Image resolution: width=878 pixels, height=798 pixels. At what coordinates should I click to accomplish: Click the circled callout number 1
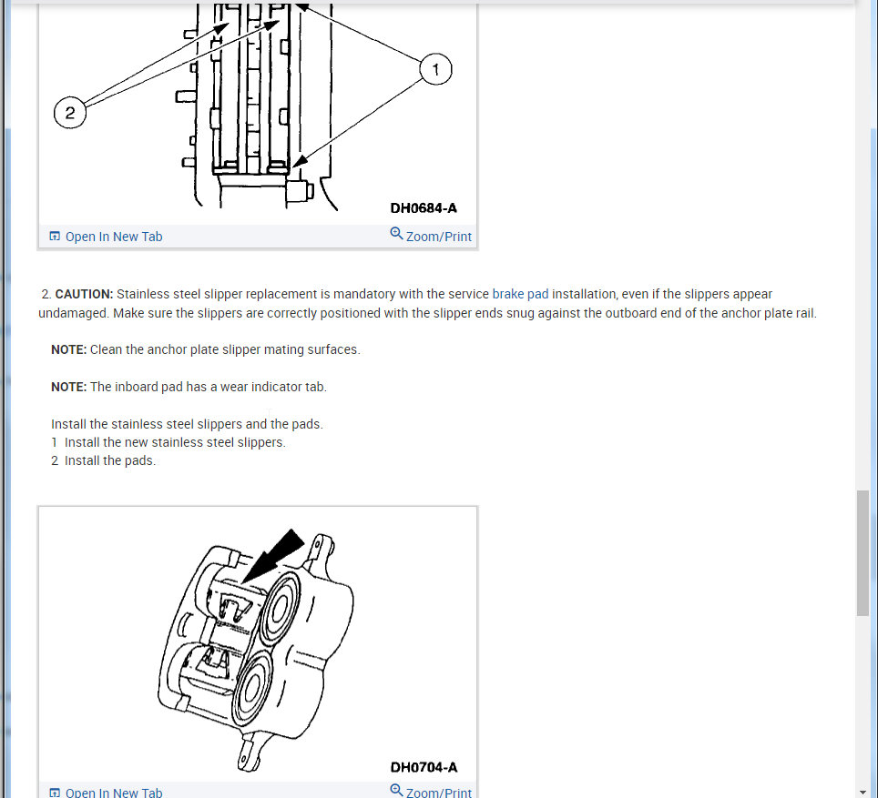pyautogui.click(x=435, y=69)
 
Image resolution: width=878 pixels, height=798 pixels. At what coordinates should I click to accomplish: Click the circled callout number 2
pyautogui.click(x=70, y=114)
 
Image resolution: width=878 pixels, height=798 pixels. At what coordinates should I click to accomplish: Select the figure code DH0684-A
pyautogui.click(x=424, y=208)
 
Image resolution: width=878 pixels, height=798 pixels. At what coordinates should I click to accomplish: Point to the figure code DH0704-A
pyautogui.click(x=424, y=767)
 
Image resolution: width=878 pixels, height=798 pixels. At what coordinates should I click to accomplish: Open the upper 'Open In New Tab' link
pyautogui.click(x=113, y=237)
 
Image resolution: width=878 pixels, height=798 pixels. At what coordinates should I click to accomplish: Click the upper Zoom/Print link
pyautogui.click(x=438, y=237)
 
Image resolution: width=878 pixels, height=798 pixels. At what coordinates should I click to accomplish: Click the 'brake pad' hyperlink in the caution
pyautogui.click(x=520, y=295)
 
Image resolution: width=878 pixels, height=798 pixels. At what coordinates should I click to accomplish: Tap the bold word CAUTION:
pyautogui.click(x=84, y=295)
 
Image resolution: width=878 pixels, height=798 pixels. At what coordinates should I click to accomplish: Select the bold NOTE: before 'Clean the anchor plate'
pyautogui.click(x=68, y=349)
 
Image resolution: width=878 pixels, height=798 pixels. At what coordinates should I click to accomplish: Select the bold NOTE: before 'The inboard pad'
pyautogui.click(x=68, y=387)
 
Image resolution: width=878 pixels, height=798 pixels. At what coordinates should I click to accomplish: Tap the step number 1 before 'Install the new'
pyautogui.click(x=55, y=442)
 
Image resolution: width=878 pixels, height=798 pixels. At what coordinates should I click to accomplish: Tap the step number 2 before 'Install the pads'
pyautogui.click(x=55, y=460)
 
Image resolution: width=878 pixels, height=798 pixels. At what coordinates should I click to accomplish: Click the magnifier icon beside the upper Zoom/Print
pyautogui.click(x=396, y=234)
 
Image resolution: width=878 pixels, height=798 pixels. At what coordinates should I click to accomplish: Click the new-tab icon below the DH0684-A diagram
pyautogui.click(x=56, y=237)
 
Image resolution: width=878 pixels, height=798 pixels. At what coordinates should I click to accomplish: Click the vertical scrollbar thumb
pyautogui.click(x=863, y=553)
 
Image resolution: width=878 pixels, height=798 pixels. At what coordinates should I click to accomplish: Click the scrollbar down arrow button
pyautogui.click(x=863, y=791)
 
